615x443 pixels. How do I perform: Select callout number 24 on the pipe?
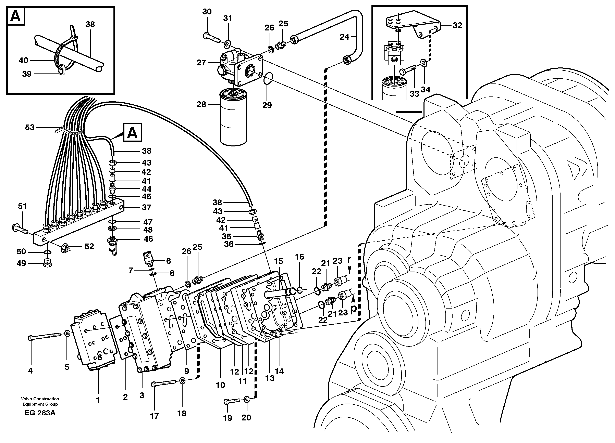[344, 37]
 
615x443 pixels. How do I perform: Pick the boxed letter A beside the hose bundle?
[132, 133]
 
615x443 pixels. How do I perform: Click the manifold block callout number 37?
[146, 208]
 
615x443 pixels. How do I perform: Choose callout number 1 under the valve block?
[98, 400]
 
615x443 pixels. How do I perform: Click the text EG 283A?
[40, 413]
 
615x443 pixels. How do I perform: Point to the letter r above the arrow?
[349, 260]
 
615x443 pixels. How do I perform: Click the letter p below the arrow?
[353, 309]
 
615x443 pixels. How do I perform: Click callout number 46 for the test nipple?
[148, 239]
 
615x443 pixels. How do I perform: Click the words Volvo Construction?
[40, 399]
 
